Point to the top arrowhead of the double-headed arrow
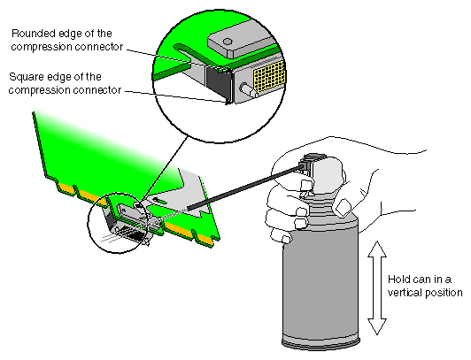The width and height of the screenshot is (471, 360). pyautogui.click(x=375, y=247)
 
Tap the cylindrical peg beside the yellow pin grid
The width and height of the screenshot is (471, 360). pyautogui.click(x=244, y=88)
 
